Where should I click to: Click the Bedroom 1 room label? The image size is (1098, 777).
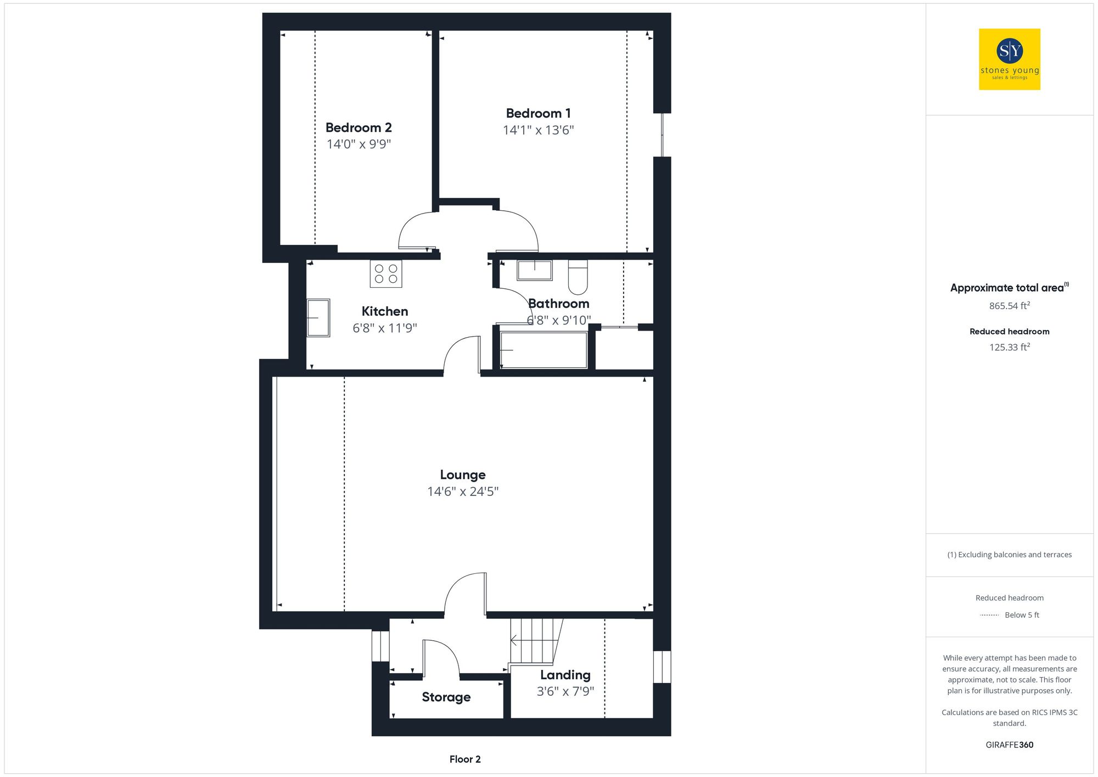click(x=538, y=114)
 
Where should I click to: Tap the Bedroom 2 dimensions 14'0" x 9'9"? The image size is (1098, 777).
click(x=358, y=144)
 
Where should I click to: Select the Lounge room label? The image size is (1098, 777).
click(x=463, y=475)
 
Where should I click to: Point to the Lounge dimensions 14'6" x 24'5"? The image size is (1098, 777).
click(x=463, y=491)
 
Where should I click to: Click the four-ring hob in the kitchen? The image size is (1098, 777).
click(x=386, y=273)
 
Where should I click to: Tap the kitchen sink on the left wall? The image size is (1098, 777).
click(x=318, y=317)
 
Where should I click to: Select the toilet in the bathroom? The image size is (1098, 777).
click(x=578, y=277)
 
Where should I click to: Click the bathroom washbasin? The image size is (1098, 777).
click(x=534, y=270)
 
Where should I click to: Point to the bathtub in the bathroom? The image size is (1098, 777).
click(x=544, y=350)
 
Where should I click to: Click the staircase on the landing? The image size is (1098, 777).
click(x=534, y=640)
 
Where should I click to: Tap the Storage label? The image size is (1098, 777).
click(x=446, y=697)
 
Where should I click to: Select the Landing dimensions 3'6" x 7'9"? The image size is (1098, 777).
click(x=565, y=691)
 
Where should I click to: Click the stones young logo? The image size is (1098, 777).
click(x=1010, y=59)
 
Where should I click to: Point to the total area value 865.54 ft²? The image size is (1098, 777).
click(x=1009, y=306)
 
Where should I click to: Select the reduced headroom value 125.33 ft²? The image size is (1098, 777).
click(x=1009, y=347)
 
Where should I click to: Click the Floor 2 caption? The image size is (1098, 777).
click(x=465, y=759)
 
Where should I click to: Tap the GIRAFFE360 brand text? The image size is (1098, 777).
click(x=1009, y=745)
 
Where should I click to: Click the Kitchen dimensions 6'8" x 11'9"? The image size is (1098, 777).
click(x=385, y=328)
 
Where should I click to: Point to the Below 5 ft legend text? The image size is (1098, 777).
click(x=1022, y=615)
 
